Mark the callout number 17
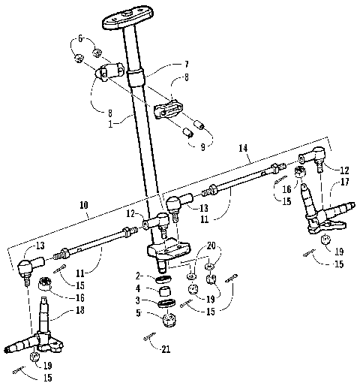pyautogui.click(x=340, y=181)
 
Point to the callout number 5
pyautogui.click(x=139, y=314)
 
